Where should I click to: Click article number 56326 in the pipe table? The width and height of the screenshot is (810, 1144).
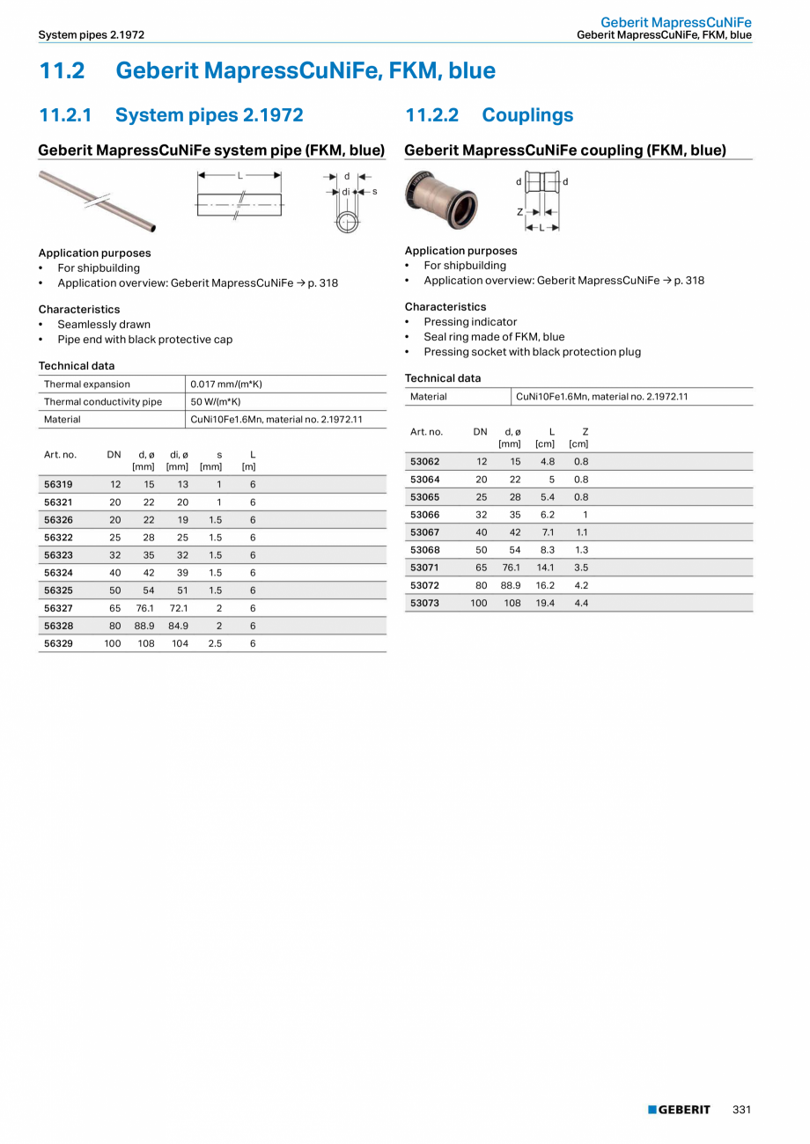click(x=58, y=520)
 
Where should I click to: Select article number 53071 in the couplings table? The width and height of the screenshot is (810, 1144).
click(x=424, y=568)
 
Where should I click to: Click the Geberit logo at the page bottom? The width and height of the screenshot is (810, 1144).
click(x=679, y=1110)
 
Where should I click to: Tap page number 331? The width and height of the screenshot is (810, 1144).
click(x=741, y=1110)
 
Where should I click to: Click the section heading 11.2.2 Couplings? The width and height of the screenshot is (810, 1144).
click(x=489, y=115)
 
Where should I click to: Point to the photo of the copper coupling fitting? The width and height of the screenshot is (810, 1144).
click(x=442, y=199)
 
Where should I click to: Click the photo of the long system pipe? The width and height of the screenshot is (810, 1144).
click(x=97, y=201)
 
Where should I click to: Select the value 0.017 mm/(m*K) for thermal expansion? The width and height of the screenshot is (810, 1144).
click(x=226, y=385)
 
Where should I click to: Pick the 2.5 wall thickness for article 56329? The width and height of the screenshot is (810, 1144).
click(x=215, y=643)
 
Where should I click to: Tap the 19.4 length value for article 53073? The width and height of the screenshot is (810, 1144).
click(x=545, y=603)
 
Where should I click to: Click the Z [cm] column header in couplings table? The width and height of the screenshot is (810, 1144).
click(x=579, y=437)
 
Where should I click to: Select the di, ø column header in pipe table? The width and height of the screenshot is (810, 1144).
click(x=179, y=460)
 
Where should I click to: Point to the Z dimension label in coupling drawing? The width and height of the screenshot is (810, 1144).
click(x=521, y=212)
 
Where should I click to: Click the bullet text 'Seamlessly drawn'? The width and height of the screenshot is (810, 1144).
click(x=104, y=325)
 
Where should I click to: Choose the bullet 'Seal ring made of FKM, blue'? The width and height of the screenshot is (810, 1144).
click(x=494, y=337)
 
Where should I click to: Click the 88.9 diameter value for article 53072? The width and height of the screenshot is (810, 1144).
click(x=511, y=585)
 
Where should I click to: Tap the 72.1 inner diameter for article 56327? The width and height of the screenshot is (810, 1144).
click(x=179, y=608)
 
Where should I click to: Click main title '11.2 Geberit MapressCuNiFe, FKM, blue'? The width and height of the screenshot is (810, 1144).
click(x=267, y=70)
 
